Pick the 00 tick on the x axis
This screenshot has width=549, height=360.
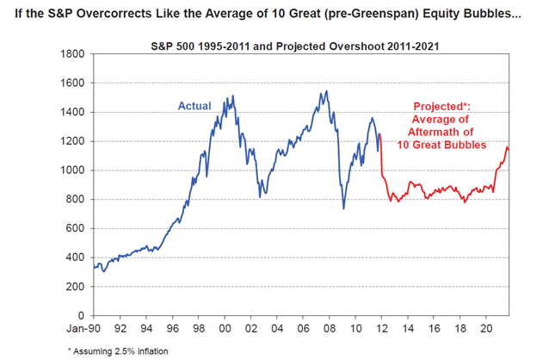pyautogui.click(x=225, y=328)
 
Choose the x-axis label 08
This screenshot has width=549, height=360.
pyautogui.click(x=328, y=328)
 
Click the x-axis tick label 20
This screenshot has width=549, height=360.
pyautogui.click(x=484, y=328)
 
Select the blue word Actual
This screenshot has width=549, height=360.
pyautogui.click(x=194, y=106)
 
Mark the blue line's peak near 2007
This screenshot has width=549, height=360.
pyautogui.click(x=324, y=91)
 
